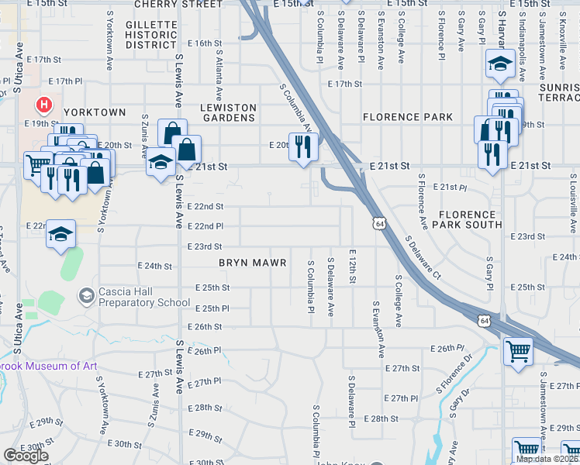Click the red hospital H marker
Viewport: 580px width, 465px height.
pyautogui.click(x=45, y=104)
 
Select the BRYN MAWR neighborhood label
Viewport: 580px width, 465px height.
pyautogui.click(x=253, y=263)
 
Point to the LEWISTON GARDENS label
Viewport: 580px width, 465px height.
pyautogui.click(x=228, y=112)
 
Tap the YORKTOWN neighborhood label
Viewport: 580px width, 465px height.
pyautogui.click(x=95, y=112)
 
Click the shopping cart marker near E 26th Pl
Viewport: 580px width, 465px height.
pyautogui.click(x=518, y=352)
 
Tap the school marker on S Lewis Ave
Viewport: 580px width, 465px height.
pyautogui.click(x=161, y=162)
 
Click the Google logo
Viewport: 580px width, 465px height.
pyautogui.click(x=26, y=456)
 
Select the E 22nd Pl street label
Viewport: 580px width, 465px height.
pyautogui.click(x=205, y=226)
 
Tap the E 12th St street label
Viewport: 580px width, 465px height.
pyautogui.click(x=353, y=266)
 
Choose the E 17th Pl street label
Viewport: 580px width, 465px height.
pyautogui.click(x=65, y=81)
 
